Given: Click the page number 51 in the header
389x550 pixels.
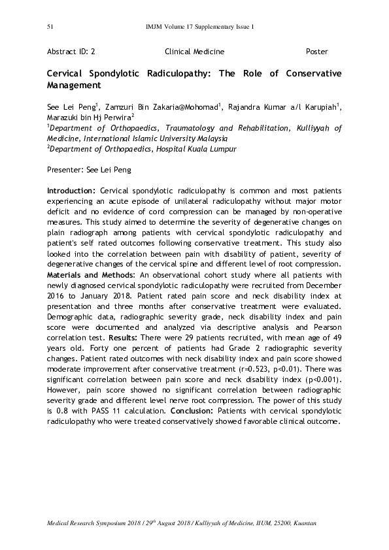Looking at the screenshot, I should point(50,27).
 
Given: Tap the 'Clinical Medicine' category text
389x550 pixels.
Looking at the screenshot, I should point(194,52).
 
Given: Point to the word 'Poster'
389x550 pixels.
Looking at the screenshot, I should point(316,52).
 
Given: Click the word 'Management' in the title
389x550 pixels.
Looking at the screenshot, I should point(74,85).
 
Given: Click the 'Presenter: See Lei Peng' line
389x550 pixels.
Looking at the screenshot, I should point(89,170).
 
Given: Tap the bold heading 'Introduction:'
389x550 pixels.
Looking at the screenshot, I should point(72,191).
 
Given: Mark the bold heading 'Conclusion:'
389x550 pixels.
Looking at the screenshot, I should point(193,411).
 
